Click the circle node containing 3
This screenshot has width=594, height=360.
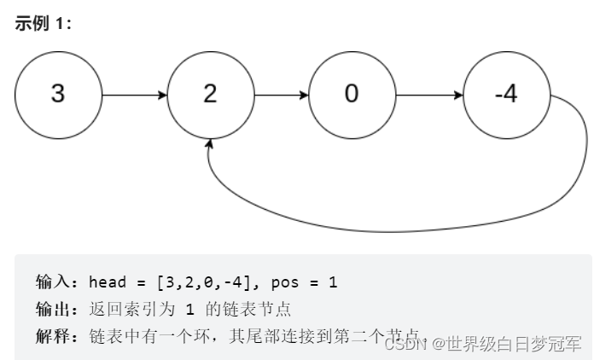click(x=57, y=94)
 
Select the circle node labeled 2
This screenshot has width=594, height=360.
click(x=210, y=94)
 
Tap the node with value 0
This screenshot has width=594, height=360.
click(x=351, y=94)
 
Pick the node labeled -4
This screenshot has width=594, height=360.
click(x=505, y=94)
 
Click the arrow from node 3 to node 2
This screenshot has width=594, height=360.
click(x=132, y=94)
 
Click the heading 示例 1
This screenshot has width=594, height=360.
click(x=44, y=23)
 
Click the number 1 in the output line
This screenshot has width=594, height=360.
click(x=192, y=309)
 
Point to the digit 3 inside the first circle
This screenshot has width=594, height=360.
click(x=57, y=94)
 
